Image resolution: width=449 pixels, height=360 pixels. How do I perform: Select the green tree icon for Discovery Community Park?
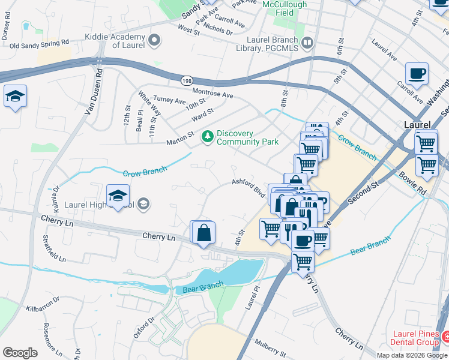[x=208, y=137]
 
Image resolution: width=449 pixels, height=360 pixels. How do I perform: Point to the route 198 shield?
[x=187, y=80]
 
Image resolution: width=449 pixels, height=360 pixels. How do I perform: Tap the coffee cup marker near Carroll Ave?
[x=417, y=74]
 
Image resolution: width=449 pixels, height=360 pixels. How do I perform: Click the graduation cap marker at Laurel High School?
[x=118, y=196]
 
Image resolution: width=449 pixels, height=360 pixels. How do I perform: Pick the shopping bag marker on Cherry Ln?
[x=203, y=232]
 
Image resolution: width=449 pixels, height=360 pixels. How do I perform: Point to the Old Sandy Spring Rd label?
[x=35, y=45]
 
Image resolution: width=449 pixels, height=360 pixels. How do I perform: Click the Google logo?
[x=20, y=352]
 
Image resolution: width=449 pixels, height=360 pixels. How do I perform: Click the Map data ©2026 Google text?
[x=412, y=355]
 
